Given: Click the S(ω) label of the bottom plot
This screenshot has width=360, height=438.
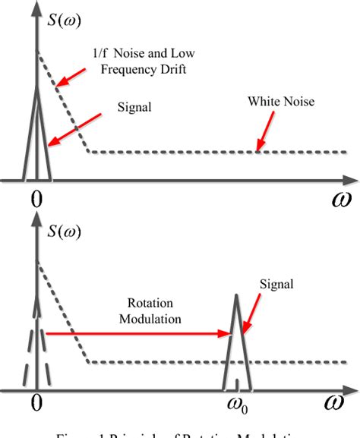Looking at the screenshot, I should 62,229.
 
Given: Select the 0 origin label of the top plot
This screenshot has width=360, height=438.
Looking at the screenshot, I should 35,200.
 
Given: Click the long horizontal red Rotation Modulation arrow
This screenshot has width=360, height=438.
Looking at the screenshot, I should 137,332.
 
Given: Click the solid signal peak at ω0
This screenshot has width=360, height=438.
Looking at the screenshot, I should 236,334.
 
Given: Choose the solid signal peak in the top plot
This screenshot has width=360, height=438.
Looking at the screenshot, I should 36,137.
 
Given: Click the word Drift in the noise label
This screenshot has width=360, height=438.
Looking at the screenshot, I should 172,71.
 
